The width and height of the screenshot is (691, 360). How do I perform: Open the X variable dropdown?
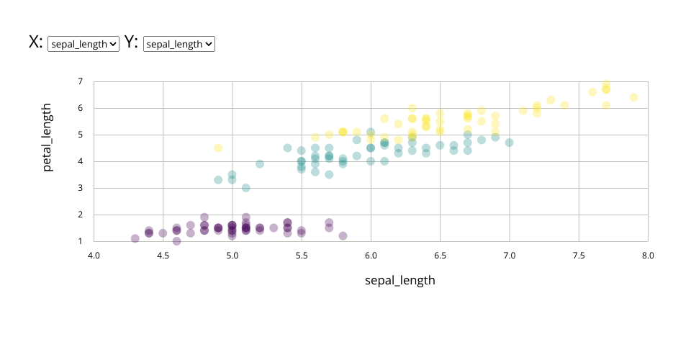(83, 44)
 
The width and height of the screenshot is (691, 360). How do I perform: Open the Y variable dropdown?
(179, 44)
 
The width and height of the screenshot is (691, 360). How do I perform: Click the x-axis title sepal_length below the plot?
(400, 280)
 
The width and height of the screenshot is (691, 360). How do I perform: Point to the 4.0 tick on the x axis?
(94, 255)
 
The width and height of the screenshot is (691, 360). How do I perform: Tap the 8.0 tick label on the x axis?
(648, 255)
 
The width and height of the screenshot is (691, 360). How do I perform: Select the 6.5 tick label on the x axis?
(440, 255)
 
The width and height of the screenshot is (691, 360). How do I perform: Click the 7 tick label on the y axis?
(81, 81)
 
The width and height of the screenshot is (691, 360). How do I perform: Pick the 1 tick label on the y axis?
(81, 241)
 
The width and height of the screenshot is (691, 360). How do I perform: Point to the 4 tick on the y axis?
(81, 161)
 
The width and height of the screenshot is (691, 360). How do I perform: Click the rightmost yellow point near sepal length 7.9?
(634, 97)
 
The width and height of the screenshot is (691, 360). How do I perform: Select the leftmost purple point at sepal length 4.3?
(135, 238)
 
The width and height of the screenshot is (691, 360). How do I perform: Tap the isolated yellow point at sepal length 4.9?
(218, 148)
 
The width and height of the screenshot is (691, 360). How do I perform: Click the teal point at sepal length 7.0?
(509, 143)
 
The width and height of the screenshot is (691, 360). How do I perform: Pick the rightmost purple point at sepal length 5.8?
(343, 235)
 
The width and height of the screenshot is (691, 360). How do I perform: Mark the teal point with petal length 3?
(246, 188)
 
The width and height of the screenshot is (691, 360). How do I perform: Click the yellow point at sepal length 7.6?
(592, 91)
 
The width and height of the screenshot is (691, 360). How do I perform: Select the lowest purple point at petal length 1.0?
(177, 241)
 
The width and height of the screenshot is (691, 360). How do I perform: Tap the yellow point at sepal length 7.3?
(551, 100)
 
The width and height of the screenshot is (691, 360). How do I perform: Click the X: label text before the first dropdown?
(35, 42)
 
